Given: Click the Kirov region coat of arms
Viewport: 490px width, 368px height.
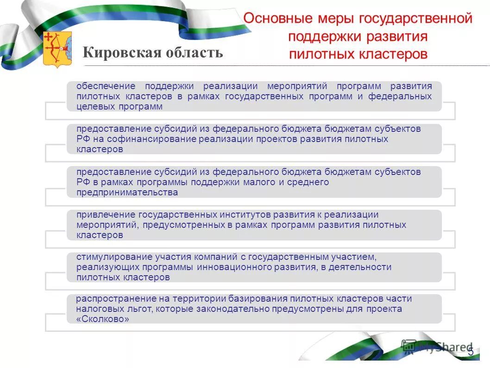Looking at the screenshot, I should click(57, 49).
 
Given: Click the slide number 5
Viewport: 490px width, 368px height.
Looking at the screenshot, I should click(471, 351).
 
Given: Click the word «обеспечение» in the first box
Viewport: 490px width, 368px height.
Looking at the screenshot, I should click(106, 86).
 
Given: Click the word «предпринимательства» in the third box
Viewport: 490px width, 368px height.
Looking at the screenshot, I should click(127, 192).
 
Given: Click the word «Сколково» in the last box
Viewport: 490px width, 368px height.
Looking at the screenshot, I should click(103, 320).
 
